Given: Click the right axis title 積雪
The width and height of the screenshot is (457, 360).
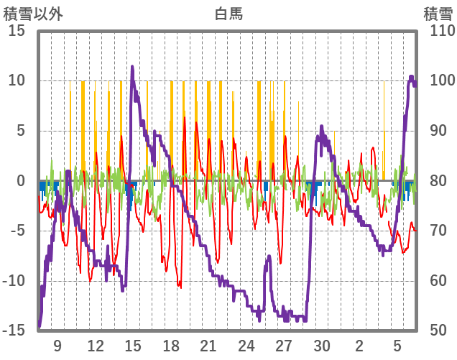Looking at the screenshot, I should (x=437, y=14).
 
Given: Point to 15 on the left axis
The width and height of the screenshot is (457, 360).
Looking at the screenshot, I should (x=17, y=32).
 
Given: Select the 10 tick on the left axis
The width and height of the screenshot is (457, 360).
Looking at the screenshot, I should (x=17, y=81).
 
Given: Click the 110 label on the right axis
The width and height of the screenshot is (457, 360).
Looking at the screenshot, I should (x=439, y=32).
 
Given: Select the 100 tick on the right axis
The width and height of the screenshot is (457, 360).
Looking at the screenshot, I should (x=439, y=81).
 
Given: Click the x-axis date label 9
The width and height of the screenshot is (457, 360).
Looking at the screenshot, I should (x=57, y=346).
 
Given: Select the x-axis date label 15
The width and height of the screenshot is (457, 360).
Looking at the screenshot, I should (x=133, y=346).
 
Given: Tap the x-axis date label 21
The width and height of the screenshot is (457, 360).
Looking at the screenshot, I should (x=208, y=346).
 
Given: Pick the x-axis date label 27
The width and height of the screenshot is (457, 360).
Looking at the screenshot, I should (x=284, y=346).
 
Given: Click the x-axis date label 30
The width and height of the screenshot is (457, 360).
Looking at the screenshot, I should (x=321, y=346).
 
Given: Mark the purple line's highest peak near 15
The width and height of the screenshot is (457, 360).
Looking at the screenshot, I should (x=132, y=67).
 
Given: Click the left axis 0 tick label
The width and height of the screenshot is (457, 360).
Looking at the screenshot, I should (x=21, y=181).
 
